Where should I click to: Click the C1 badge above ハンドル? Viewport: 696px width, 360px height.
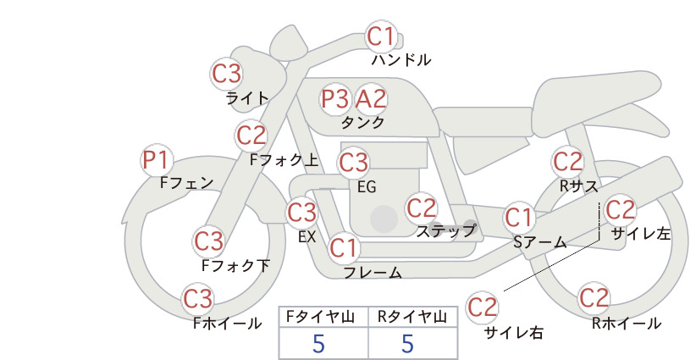381,36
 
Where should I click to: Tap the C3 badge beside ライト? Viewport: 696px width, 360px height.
226,74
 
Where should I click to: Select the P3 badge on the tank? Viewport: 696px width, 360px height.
335,99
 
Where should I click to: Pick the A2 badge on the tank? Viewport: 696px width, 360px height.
371,99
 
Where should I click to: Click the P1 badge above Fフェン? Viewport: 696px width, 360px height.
157,160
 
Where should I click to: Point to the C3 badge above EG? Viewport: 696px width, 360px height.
354,163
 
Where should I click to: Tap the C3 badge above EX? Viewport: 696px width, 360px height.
301,213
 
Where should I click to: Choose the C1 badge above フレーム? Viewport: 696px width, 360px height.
344,247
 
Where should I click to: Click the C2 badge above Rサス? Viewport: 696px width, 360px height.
567,162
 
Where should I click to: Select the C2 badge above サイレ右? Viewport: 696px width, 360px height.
482,307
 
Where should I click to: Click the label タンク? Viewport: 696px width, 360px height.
362,122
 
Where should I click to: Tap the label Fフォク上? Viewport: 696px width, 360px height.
284,160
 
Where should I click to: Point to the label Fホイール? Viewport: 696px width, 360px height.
228,324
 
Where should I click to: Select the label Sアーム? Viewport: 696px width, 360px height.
540,242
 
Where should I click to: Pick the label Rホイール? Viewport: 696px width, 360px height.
627,324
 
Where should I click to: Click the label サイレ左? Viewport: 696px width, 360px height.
641,234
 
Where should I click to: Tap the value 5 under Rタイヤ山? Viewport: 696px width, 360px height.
407,343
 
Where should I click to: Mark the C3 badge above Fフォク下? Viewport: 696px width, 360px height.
208,241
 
